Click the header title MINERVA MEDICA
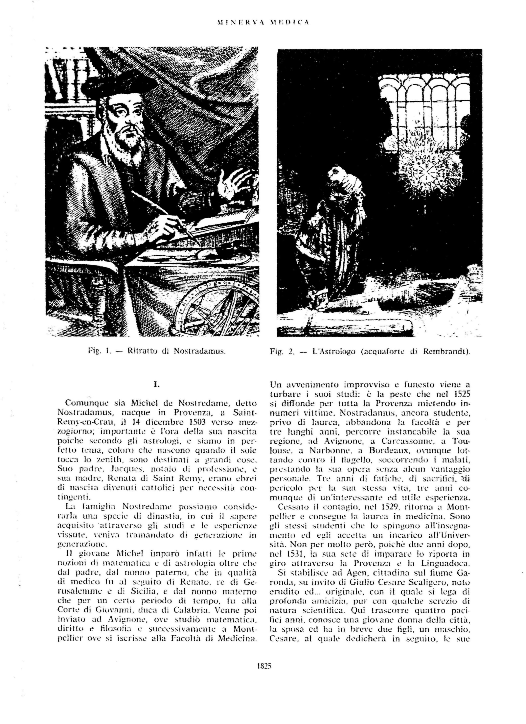[263, 22]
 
